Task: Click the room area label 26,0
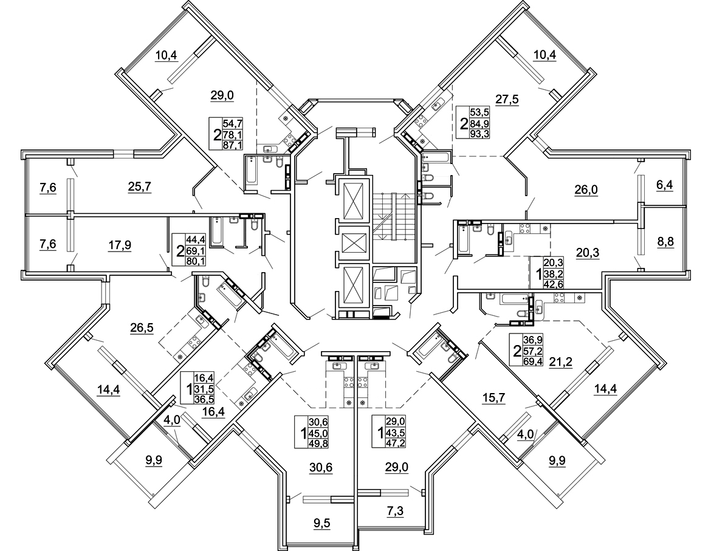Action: click(x=586, y=190)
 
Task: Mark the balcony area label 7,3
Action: click(x=396, y=512)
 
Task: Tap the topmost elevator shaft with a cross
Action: click(x=352, y=200)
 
